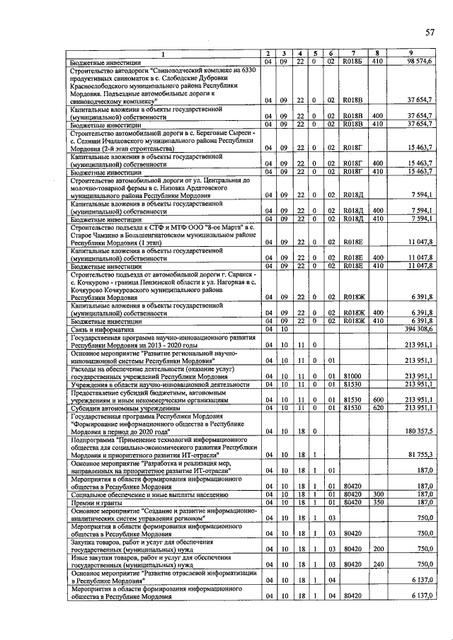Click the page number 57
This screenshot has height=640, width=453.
click(430, 33)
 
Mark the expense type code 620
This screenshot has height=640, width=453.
click(378, 408)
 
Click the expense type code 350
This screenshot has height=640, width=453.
click(378, 502)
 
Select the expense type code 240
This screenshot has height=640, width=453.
click(378, 564)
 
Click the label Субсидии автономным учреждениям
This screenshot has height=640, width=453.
click(121, 408)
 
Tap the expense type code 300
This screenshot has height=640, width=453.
click(378, 494)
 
